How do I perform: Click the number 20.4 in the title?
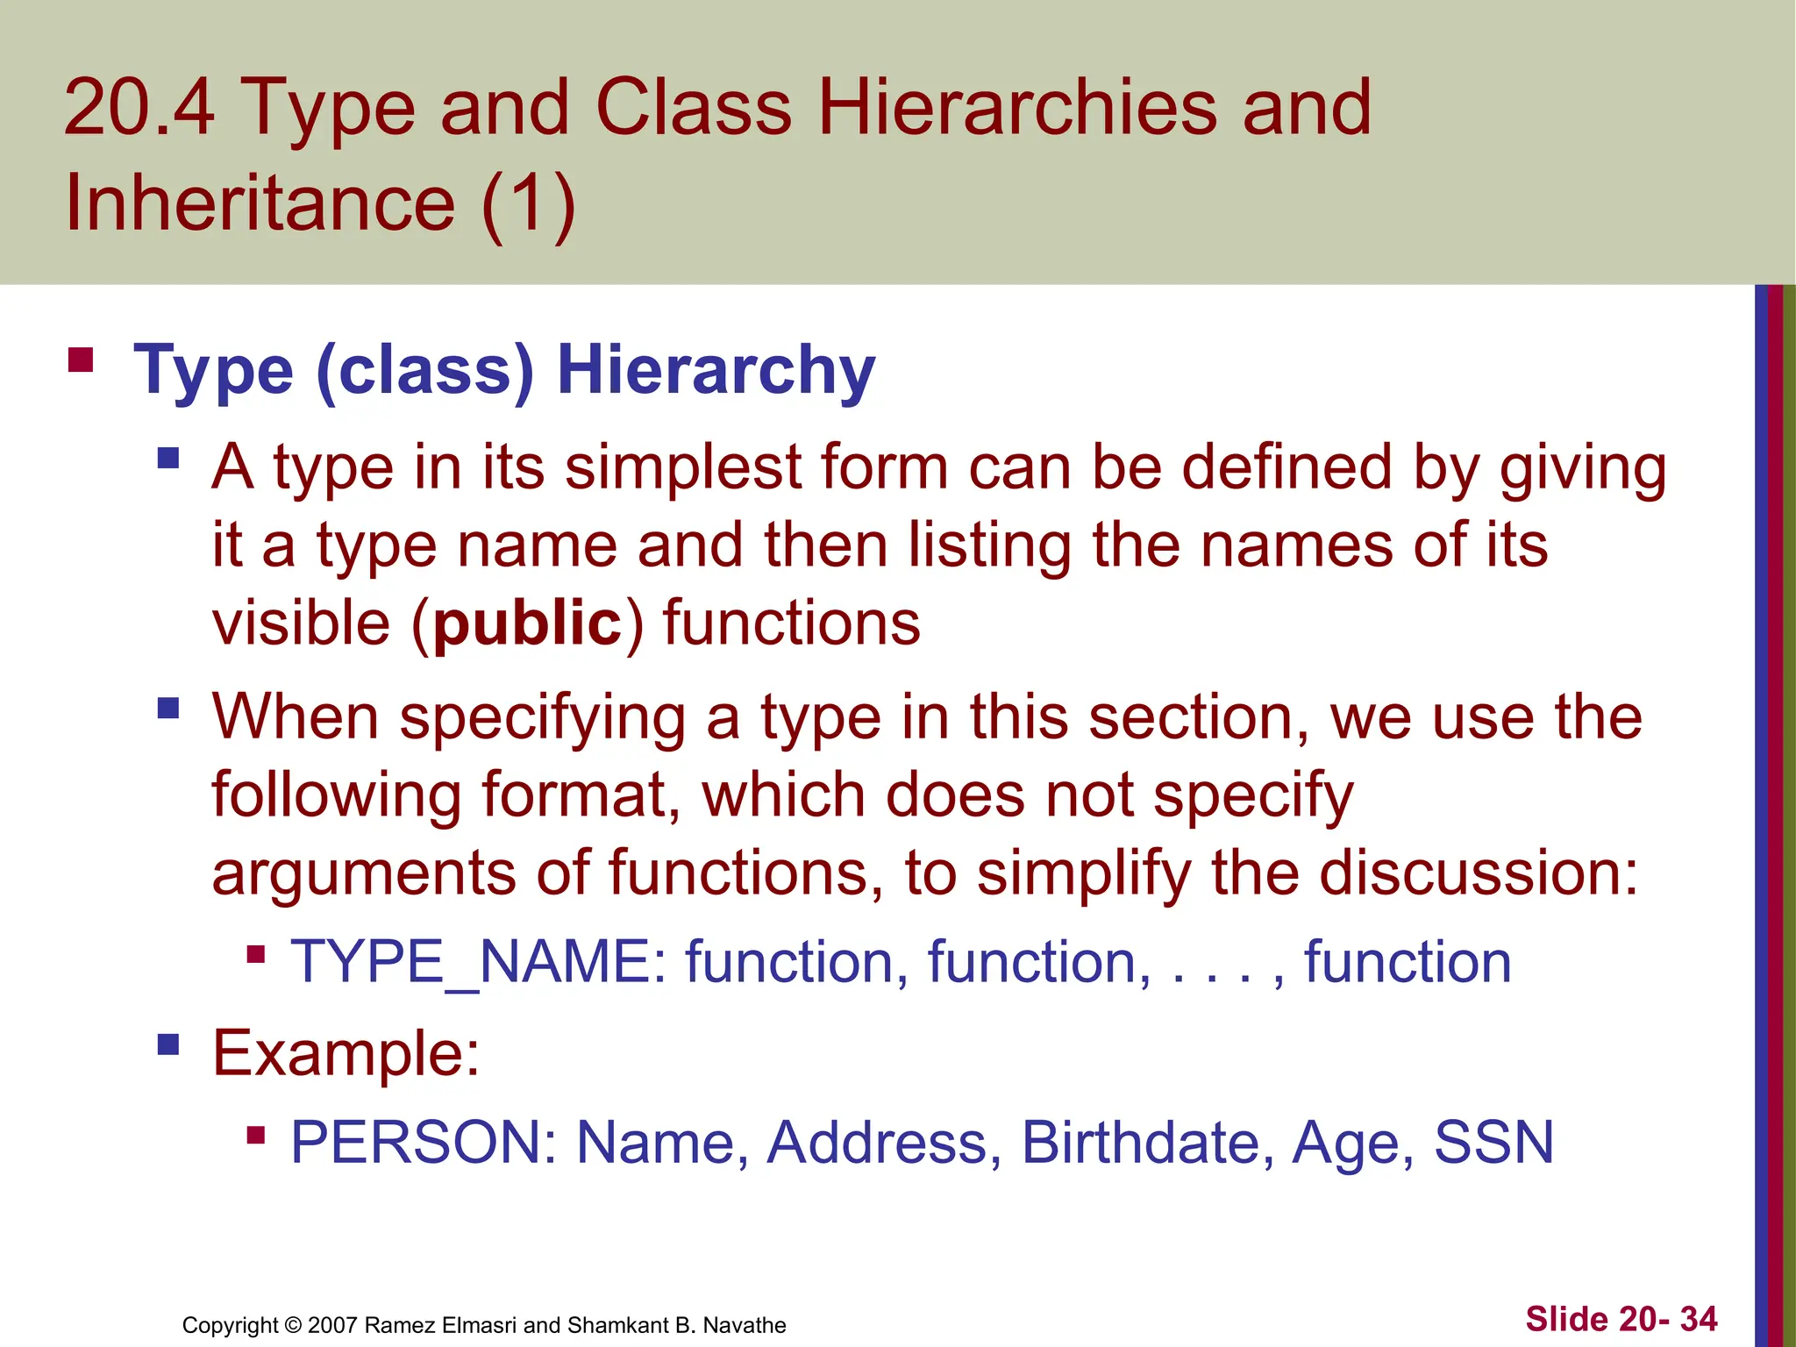[x=139, y=109]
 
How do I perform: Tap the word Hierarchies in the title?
[x=1017, y=109]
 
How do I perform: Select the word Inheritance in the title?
[x=260, y=203]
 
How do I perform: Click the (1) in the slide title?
[x=528, y=203]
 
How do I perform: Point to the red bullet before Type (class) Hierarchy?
[x=81, y=360]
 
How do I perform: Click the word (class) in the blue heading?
[x=424, y=370]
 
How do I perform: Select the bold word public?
[x=528, y=624]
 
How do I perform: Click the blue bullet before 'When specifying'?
[x=168, y=707]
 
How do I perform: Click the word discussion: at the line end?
[x=1479, y=873]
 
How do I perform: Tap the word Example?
[x=346, y=1052]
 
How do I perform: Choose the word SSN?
[x=1493, y=1143]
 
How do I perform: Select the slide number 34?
[x=1699, y=1319]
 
